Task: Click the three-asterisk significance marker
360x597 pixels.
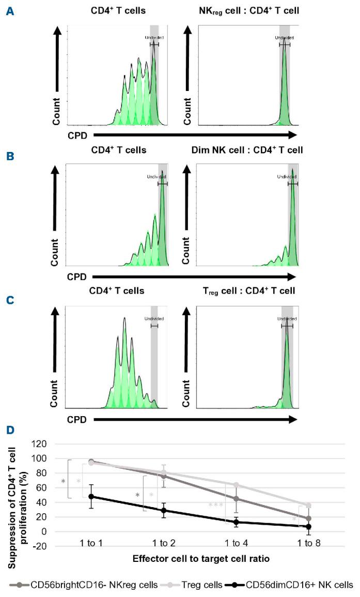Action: click(215, 505)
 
